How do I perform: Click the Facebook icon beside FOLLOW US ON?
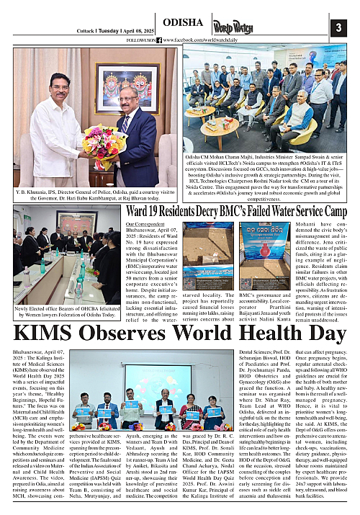pos(159,40)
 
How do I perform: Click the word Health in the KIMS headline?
pos(247,334)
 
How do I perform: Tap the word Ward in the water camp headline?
pos(141,212)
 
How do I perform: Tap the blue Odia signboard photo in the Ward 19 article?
pos(264,256)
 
